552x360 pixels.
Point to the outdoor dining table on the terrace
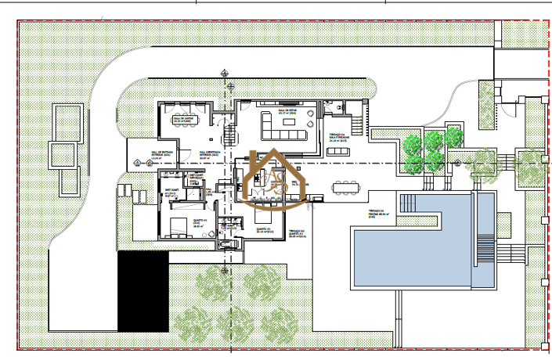click(345, 187)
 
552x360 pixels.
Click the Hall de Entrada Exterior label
click(146, 154)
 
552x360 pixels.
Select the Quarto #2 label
click(264, 231)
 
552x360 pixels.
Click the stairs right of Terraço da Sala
click(359, 124)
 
